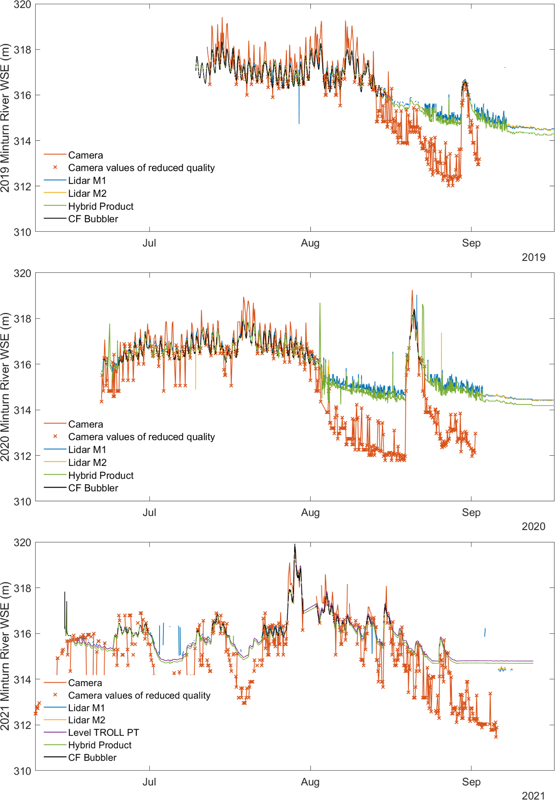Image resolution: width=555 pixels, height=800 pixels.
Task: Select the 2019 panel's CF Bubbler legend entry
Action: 93,219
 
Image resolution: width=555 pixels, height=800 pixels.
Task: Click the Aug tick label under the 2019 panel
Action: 310,243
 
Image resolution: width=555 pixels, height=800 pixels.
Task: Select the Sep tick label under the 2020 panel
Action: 471,512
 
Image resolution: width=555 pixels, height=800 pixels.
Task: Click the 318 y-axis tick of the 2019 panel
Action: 22,50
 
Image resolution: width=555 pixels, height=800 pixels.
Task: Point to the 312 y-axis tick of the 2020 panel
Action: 22,456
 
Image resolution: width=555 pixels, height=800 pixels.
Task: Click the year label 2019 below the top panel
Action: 534,257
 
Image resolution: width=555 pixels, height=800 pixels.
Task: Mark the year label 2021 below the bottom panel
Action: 534,796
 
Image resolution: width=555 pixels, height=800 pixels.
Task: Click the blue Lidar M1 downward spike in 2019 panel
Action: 299,111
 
